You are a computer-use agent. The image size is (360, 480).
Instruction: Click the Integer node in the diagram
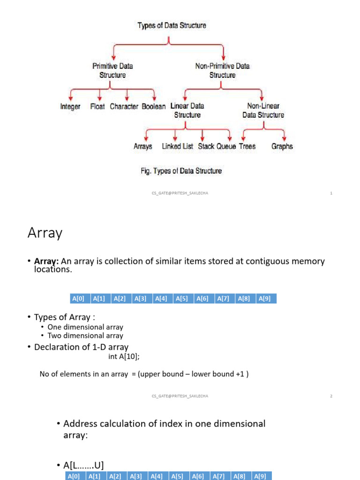(x=70, y=106)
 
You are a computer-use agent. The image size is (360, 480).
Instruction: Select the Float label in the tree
(x=97, y=106)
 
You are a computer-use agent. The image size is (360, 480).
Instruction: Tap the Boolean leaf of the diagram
(x=154, y=106)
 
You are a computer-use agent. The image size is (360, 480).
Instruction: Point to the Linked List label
(x=178, y=146)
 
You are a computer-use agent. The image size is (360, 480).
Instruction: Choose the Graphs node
(x=282, y=146)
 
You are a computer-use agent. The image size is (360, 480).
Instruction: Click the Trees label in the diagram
(x=247, y=146)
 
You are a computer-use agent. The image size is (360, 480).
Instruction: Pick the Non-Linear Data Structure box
(x=263, y=111)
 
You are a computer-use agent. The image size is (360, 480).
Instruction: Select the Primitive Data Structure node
(x=112, y=71)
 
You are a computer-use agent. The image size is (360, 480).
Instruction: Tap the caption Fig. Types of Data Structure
(x=181, y=171)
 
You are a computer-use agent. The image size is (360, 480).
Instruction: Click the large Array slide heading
(x=45, y=233)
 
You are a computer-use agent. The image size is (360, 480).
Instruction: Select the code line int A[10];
(x=124, y=356)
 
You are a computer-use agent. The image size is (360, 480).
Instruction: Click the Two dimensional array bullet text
(x=89, y=336)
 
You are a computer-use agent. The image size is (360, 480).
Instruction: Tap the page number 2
(x=331, y=396)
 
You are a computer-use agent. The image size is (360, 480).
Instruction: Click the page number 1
(x=331, y=193)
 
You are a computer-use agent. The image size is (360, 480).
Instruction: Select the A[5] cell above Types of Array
(x=181, y=298)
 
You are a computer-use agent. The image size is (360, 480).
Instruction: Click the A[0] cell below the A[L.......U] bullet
(x=74, y=476)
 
